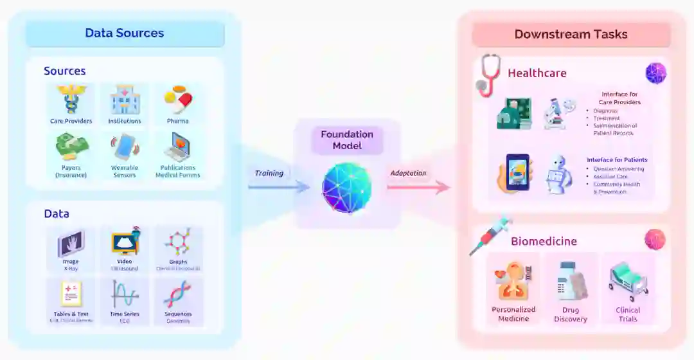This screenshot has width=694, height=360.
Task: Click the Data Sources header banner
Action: [x=125, y=33]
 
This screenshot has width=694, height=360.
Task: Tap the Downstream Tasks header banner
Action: [x=571, y=35]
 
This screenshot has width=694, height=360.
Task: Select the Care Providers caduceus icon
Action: [x=71, y=100]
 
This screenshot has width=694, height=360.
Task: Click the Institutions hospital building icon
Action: [x=125, y=100]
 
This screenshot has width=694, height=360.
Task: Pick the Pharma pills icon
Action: [x=178, y=99]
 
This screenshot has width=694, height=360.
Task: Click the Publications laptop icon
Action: [x=177, y=147]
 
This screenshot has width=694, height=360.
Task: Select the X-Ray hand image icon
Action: [x=71, y=244]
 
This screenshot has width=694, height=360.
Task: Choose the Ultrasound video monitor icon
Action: [x=125, y=242]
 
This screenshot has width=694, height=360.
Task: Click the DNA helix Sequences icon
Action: [x=178, y=294]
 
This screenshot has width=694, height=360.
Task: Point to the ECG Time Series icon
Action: [x=125, y=294]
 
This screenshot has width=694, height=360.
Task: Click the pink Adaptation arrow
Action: [x=418, y=187]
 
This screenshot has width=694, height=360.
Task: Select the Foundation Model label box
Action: [x=347, y=140]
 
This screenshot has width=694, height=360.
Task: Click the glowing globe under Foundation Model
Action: [x=347, y=188]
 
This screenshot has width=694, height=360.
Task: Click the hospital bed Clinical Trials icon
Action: [x=628, y=282]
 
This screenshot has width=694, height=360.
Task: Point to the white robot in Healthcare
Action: [x=558, y=174]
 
